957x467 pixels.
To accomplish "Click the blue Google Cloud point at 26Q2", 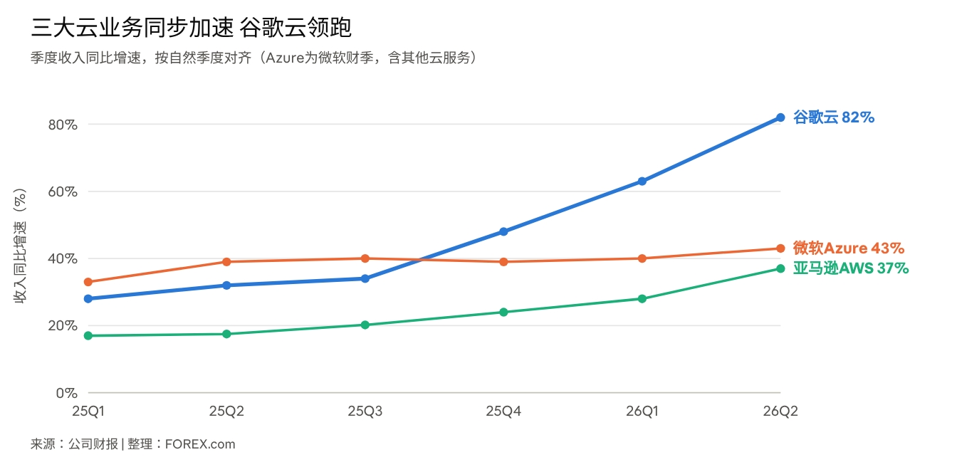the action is click(780, 117).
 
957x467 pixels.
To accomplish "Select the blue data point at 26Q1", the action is click(642, 181).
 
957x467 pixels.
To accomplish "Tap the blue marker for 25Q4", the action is click(503, 231).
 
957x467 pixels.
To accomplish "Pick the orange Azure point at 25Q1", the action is click(88, 282).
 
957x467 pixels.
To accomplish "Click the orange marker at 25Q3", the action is click(365, 258).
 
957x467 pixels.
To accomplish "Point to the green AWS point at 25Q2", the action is click(226, 334).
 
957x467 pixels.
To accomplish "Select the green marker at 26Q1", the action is click(642, 299).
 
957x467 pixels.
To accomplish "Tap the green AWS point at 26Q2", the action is click(780, 268).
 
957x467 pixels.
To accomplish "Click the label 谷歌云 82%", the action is click(834, 117).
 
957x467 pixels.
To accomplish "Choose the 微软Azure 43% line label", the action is click(849, 248).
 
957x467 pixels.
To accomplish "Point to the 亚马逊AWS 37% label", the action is click(851, 268).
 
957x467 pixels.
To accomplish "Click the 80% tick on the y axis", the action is click(63, 125).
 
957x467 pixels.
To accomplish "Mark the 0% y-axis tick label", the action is click(67, 393).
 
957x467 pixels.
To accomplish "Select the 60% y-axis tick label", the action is click(63, 191).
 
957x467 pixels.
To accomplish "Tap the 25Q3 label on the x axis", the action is click(365, 411).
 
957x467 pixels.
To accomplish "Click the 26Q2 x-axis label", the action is click(780, 411).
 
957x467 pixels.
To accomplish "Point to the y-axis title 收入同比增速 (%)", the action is click(20, 246).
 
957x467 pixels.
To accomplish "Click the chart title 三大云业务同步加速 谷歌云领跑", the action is click(191, 28).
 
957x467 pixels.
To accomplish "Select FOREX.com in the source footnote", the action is click(200, 444).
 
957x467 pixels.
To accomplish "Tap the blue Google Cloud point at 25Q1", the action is click(88, 299).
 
